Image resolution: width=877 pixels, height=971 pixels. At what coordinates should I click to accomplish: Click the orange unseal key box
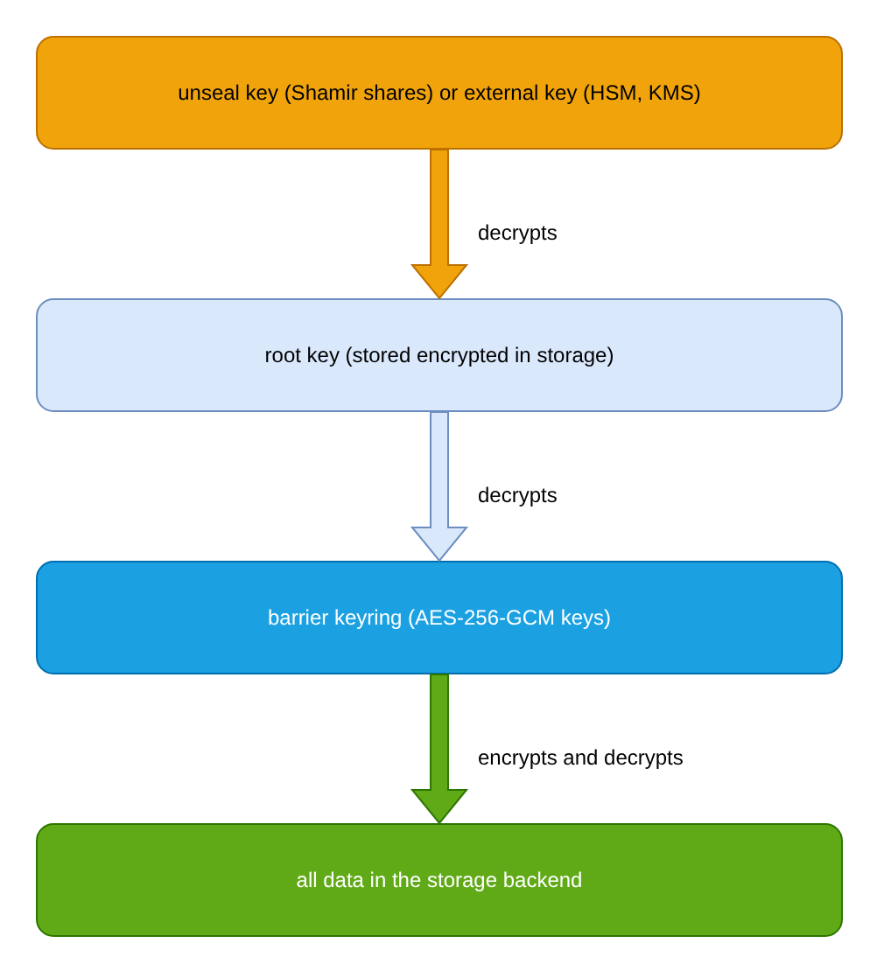pyautogui.click(x=438, y=93)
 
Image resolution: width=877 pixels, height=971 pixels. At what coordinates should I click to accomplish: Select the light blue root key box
pyautogui.click(x=438, y=355)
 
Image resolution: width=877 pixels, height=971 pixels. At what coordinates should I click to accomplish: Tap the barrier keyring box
pyautogui.click(x=438, y=618)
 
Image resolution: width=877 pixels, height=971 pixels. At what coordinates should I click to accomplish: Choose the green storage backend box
pyautogui.click(x=438, y=880)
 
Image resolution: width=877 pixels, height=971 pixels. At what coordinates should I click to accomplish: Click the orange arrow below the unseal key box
pyautogui.click(x=438, y=223)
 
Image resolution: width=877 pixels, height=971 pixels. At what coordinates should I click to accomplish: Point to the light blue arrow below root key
pyautogui.click(x=438, y=485)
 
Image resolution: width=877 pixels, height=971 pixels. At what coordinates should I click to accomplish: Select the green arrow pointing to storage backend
pyautogui.click(x=438, y=748)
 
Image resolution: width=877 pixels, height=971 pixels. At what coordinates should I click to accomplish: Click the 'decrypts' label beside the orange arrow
pyautogui.click(x=517, y=234)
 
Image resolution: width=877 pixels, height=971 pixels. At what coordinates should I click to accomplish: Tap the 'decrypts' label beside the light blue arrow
pyautogui.click(x=517, y=496)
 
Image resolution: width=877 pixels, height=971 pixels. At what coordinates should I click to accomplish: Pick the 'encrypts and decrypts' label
pyautogui.click(x=580, y=758)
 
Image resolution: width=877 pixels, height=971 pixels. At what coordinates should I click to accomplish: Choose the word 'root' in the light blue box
pyautogui.click(x=283, y=355)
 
